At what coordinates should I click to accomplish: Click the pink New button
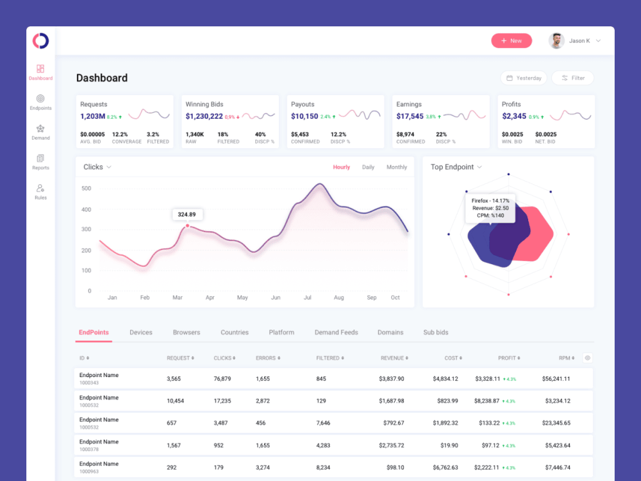pos(512,40)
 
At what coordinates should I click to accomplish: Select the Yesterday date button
pos(524,78)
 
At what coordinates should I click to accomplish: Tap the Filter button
pos(572,78)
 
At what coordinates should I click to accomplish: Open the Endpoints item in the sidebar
pos(40,102)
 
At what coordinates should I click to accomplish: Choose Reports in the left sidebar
pos(40,162)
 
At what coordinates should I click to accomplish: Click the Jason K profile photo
pos(556,40)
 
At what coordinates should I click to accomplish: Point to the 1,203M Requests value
pos(92,116)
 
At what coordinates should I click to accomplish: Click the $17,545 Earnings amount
pos(410,116)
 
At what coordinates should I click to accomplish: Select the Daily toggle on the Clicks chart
pos(368,167)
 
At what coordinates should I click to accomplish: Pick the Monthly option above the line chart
pos(397,167)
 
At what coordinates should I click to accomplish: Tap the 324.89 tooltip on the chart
pos(187,214)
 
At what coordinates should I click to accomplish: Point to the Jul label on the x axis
pos(308,298)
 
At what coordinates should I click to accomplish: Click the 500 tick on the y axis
pos(86,189)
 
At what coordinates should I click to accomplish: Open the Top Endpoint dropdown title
pos(456,167)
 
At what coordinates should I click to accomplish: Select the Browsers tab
pos(187,332)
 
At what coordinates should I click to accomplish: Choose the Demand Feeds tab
pos(336,332)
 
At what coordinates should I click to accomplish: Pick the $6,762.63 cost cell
pos(445,468)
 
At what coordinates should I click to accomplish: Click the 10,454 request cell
pos(175,401)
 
